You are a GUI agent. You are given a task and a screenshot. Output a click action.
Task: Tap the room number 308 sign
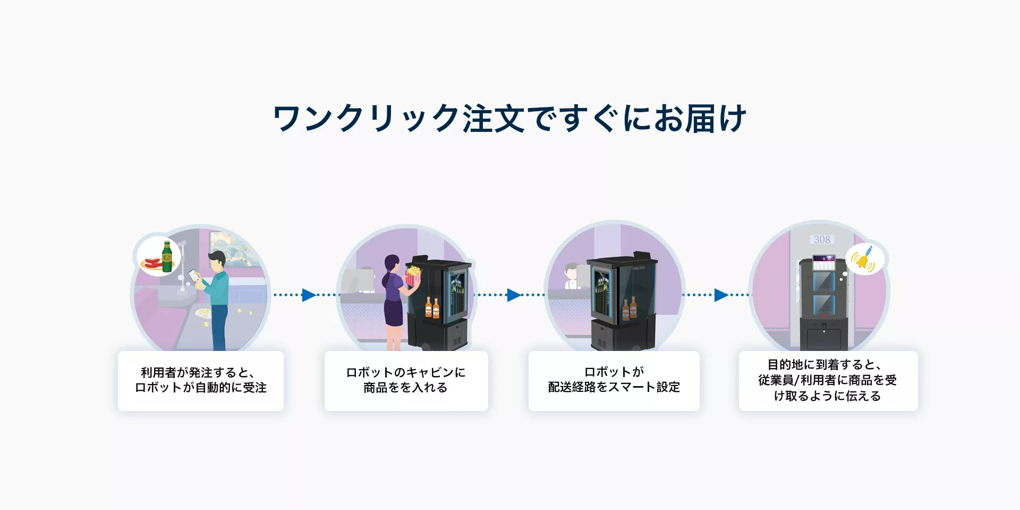click(822, 240)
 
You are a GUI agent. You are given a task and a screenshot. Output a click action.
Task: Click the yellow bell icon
click(863, 260)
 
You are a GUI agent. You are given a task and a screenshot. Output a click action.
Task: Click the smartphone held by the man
click(193, 275)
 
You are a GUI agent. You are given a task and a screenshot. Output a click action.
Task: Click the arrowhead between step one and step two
click(309, 295)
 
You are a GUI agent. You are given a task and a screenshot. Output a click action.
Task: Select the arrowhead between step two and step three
click(514, 295)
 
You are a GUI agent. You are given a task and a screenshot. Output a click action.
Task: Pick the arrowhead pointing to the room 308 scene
click(721, 295)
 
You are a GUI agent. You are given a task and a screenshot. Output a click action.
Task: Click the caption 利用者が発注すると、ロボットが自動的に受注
click(201, 380)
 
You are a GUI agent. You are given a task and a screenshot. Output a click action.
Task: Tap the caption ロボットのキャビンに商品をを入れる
click(406, 380)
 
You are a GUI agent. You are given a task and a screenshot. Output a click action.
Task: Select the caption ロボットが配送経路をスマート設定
click(614, 380)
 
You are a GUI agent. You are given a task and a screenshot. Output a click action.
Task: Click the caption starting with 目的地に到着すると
click(828, 380)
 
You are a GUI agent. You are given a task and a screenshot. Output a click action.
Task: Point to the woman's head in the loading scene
click(392, 264)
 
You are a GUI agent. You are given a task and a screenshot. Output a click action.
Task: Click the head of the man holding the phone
click(217, 261)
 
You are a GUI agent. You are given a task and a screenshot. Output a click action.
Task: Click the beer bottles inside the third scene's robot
click(630, 308)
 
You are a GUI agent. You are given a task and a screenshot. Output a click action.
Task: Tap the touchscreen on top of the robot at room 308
click(824, 262)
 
